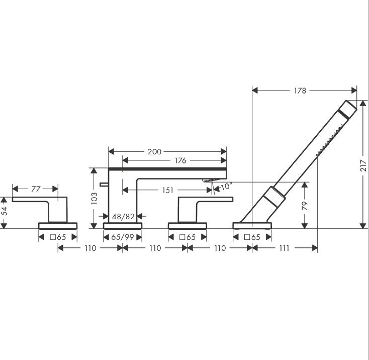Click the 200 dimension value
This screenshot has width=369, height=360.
point(154,152)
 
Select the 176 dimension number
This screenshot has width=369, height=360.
point(180,160)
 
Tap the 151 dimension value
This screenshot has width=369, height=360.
point(168,190)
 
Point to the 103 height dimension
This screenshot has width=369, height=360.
point(94,198)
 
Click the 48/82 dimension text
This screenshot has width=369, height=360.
point(123,217)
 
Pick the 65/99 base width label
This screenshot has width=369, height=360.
point(122,237)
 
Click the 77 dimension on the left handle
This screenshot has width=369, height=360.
point(36,189)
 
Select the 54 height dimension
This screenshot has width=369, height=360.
point(4,211)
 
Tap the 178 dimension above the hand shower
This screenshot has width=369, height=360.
point(300,91)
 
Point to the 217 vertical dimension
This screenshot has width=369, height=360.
point(363,165)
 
